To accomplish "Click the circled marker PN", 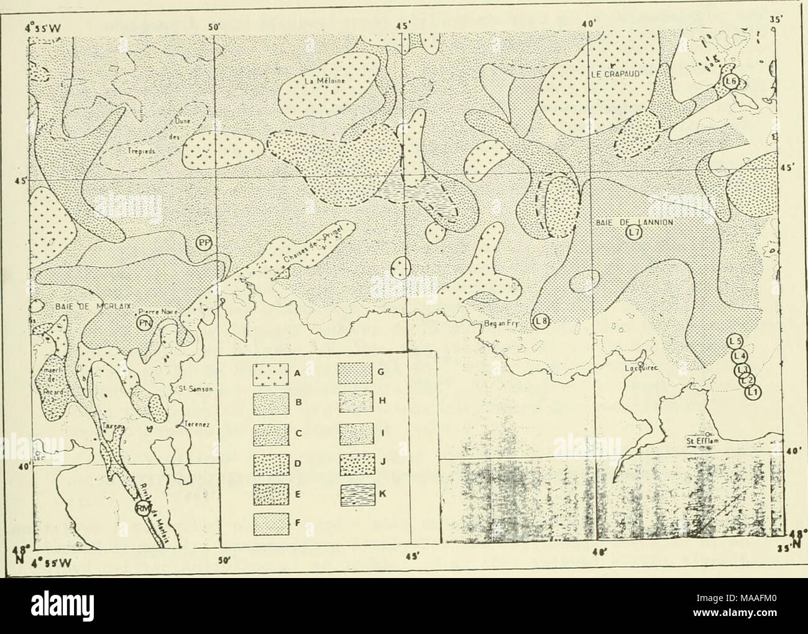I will pos(145,322).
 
